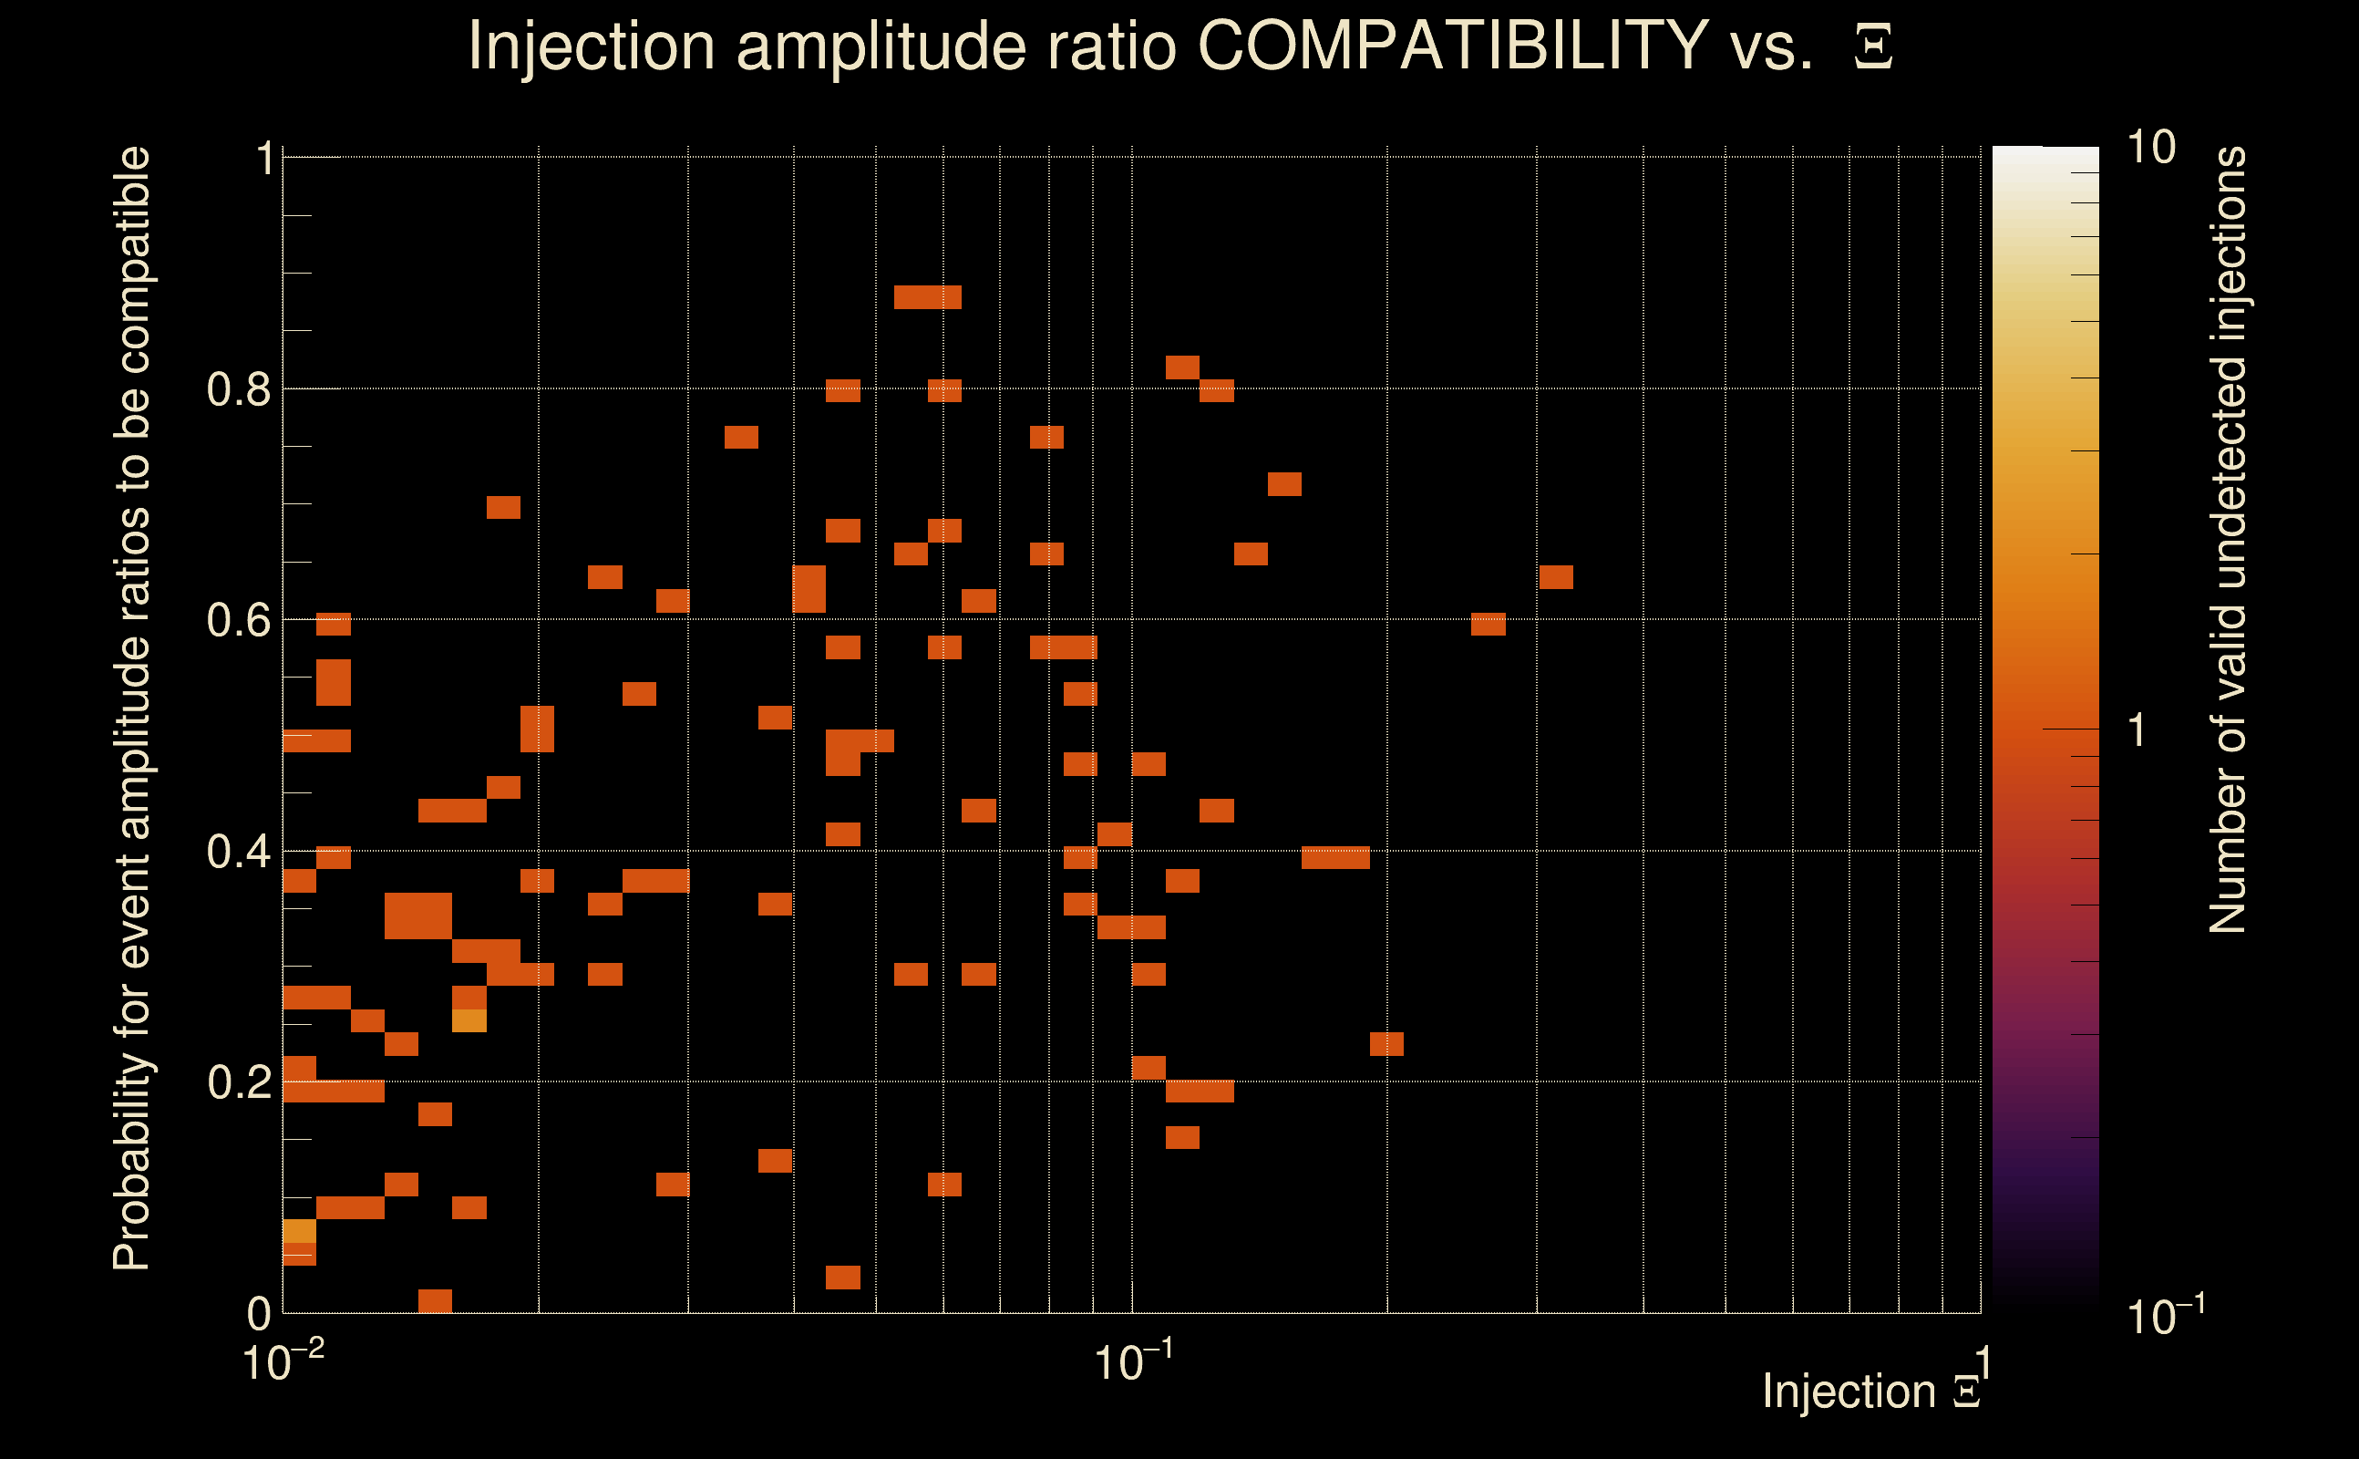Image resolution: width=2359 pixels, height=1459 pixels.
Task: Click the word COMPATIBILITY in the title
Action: tap(1452, 47)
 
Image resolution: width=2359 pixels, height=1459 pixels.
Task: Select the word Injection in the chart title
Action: tap(591, 47)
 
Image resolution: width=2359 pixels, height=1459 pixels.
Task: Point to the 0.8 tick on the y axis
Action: tap(238, 390)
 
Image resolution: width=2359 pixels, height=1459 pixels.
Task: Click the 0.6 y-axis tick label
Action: tap(238, 620)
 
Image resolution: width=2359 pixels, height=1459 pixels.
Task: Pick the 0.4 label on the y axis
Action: tap(238, 852)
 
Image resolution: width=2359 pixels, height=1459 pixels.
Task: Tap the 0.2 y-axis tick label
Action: tap(238, 1082)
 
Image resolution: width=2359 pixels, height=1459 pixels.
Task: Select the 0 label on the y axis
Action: tap(259, 1313)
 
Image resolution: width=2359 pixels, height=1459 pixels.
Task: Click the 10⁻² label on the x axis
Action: tap(282, 1361)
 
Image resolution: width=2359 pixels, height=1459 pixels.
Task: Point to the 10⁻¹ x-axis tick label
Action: tap(1132, 1361)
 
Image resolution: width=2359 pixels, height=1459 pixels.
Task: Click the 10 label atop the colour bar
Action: tap(2150, 148)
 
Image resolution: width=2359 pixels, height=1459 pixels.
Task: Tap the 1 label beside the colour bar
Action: tap(2137, 730)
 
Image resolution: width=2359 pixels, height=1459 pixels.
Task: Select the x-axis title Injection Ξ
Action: tap(1871, 1392)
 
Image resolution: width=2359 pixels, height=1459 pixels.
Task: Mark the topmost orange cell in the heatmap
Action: tap(927, 297)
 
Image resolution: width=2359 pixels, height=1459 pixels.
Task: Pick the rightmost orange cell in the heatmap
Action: tap(1556, 577)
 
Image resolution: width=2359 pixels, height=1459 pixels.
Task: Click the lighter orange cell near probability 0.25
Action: tap(469, 1020)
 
